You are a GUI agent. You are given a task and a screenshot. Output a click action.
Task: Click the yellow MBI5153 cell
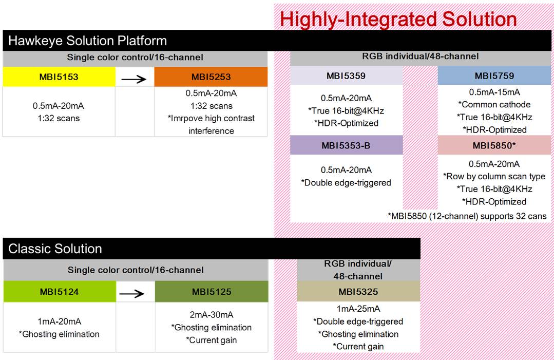[59, 77]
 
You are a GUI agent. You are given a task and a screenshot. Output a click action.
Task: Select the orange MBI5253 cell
[211, 77]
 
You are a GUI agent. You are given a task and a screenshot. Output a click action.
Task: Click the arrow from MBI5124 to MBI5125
[135, 292]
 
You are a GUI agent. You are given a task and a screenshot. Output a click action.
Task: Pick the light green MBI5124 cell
[59, 292]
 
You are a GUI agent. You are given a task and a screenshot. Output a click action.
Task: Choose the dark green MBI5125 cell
[212, 292]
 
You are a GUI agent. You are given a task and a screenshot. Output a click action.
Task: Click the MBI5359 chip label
[346, 76]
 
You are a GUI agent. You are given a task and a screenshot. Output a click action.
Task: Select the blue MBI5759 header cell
[494, 76]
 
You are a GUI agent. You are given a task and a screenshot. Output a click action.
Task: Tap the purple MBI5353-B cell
[346, 145]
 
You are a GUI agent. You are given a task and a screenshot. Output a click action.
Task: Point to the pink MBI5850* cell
[494, 145]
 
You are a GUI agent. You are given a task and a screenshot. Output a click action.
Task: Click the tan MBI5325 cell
[358, 292]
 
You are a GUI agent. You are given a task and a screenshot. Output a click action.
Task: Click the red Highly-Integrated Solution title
[398, 20]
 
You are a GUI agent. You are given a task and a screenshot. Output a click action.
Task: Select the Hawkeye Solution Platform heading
[88, 41]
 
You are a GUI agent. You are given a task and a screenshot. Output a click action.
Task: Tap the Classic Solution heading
[55, 249]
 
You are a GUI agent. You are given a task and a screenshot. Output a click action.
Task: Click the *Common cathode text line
[494, 105]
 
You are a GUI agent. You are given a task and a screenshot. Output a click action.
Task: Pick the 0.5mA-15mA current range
[494, 92]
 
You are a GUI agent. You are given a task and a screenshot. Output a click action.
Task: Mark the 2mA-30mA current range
[212, 315]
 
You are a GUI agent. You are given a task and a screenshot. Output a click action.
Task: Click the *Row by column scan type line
[494, 177]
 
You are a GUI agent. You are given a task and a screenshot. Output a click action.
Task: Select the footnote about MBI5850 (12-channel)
[467, 216]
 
